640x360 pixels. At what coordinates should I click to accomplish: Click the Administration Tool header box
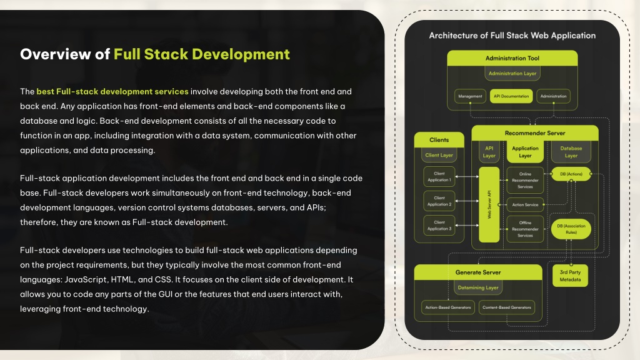tap(512, 58)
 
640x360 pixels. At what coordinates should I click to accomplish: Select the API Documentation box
tap(511, 96)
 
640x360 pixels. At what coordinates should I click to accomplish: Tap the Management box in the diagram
tap(470, 96)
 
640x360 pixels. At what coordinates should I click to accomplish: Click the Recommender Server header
tap(535, 133)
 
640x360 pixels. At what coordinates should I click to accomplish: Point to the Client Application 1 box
tap(439, 177)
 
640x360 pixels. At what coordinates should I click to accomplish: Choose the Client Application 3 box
tap(439, 226)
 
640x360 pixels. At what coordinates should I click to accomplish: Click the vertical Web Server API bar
tap(489, 204)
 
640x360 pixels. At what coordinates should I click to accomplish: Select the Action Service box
tap(525, 205)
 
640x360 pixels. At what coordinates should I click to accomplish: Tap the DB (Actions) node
tap(571, 174)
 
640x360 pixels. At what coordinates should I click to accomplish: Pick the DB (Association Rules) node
tap(571, 229)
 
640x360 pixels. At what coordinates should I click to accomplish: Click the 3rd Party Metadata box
tap(570, 276)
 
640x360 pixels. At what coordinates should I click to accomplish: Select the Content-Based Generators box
tap(506, 307)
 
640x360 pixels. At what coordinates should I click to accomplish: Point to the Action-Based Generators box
tap(447, 307)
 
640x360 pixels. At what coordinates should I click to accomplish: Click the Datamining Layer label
tap(478, 287)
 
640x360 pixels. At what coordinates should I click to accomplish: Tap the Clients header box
tap(439, 139)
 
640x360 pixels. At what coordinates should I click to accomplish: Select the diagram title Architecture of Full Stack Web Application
tap(512, 36)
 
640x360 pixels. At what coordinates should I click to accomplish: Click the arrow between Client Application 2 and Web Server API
tap(467, 201)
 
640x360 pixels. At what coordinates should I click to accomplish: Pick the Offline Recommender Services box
tap(525, 229)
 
